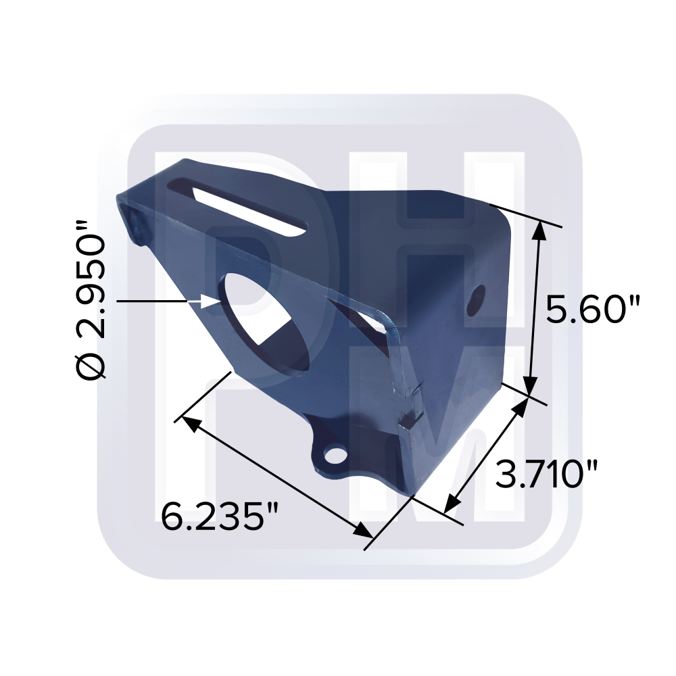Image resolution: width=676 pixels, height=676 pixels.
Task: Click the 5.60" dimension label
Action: click(x=593, y=311)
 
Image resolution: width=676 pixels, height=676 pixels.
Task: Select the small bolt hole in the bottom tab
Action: click(x=333, y=455)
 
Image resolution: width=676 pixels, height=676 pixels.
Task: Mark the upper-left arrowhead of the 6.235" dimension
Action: click(x=189, y=424)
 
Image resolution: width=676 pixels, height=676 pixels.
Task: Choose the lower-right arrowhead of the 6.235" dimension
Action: click(x=364, y=531)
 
